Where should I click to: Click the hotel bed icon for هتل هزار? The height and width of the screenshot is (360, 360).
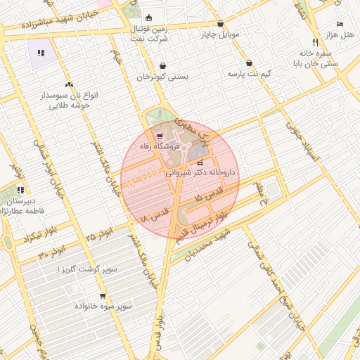(340, 25)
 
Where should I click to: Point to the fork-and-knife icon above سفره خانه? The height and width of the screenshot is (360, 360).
(315, 41)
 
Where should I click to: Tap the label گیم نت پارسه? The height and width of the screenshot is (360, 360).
(250, 74)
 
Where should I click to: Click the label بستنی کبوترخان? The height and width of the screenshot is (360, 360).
(163, 77)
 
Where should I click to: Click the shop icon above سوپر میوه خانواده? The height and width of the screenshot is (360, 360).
(103, 296)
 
